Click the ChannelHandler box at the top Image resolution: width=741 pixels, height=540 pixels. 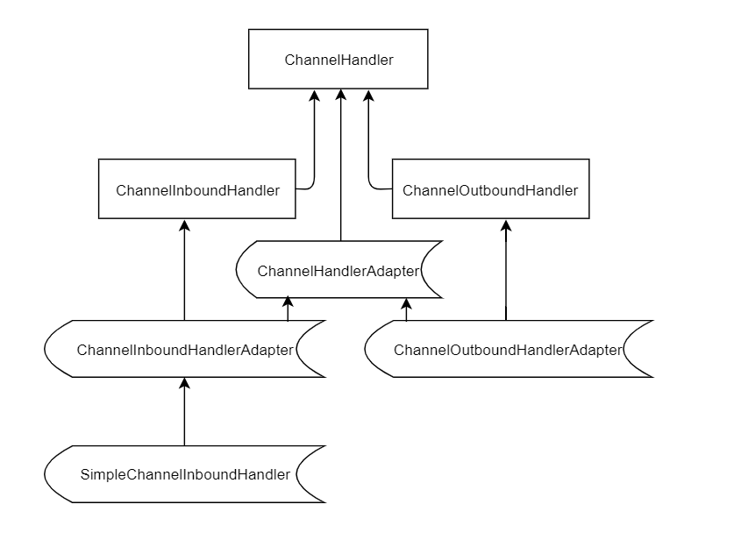[x=338, y=60]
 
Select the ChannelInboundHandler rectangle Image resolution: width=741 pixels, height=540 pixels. [x=197, y=189]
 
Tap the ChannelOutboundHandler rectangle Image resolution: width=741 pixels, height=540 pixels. [x=490, y=189]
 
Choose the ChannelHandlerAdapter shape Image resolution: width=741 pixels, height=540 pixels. [x=338, y=271]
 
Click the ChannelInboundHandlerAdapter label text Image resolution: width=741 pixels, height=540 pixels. [x=185, y=350]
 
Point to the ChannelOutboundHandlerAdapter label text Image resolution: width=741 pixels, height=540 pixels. [x=508, y=350]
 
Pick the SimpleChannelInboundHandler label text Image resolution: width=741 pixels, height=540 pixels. [x=185, y=474]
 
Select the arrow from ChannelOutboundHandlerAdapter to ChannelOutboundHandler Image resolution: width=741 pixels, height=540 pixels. [x=505, y=272]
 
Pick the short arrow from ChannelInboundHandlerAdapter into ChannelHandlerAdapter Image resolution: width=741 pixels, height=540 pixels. [x=288, y=309]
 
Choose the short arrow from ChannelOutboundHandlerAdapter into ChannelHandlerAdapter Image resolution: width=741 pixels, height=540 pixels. [x=405, y=309]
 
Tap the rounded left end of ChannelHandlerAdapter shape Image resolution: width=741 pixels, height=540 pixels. [x=241, y=271]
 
